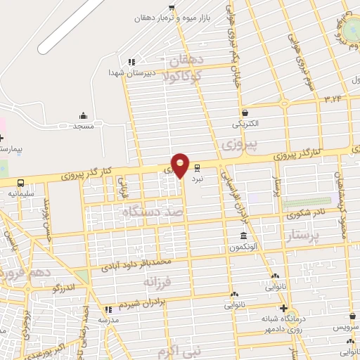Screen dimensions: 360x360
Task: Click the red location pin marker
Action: pyautogui.click(x=181, y=165)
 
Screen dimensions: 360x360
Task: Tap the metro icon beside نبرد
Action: pyautogui.click(x=197, y=168)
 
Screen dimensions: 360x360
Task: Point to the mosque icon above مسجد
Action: pyautogui.click(x=84, y=115)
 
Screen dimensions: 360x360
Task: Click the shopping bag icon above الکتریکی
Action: pyautogui.click(x=244, y=112)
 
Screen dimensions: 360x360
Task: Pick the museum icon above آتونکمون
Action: pyautogui.click(x=243, y=236)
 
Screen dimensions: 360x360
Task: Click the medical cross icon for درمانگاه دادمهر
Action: pyautogui.click(x=283, y=309)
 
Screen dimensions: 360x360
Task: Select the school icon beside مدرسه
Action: pyautogui.click(x=108, y=309)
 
